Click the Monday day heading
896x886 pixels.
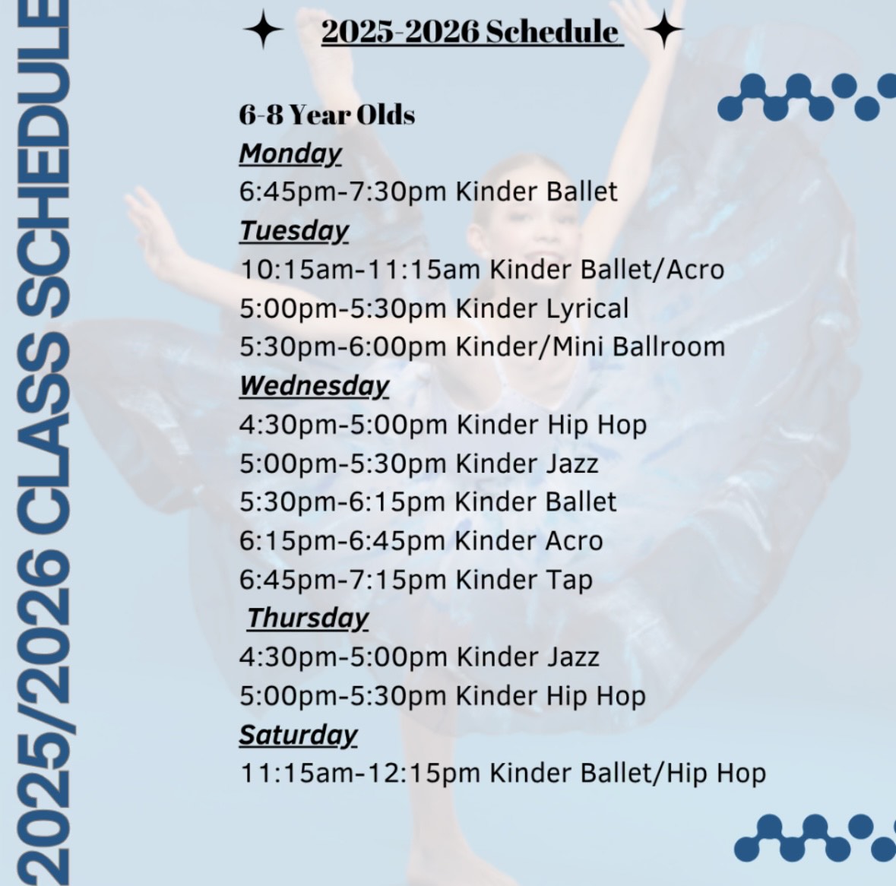point(290,153)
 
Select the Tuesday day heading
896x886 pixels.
point(293,231)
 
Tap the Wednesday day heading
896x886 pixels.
point(315,385)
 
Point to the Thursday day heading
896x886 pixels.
point(308,618)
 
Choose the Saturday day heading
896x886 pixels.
point(298,735)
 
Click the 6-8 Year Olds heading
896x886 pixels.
point(327,115)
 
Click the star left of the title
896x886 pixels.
point(263,29)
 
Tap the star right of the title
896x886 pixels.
point(664,29)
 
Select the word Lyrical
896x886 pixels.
point(587,309)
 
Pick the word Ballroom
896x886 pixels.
point(669,346)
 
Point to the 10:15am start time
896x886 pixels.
point(296,270)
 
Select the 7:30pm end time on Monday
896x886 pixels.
point(397,192)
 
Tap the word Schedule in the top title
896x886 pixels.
point(552,31)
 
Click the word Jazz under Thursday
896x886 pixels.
point(572,657)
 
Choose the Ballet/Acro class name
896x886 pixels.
point(652,270)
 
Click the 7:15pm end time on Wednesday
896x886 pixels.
point(397,580)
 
